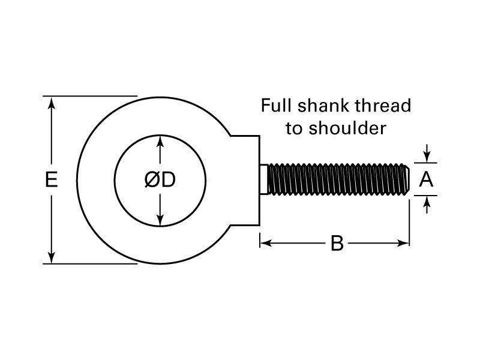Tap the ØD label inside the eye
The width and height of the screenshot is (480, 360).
(160, 180)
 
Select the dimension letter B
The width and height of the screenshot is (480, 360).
(337, 244)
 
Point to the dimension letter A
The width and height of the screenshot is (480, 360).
(426, 179)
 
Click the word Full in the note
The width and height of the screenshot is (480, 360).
(274, 106)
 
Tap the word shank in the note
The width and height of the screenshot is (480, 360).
(323, 106)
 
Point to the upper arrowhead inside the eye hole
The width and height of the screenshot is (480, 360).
(160, 141)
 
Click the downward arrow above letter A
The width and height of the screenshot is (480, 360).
(426, 156)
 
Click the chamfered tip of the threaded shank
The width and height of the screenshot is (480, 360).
(408, 179)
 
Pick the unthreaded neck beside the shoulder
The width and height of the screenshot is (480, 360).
(265, 179)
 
